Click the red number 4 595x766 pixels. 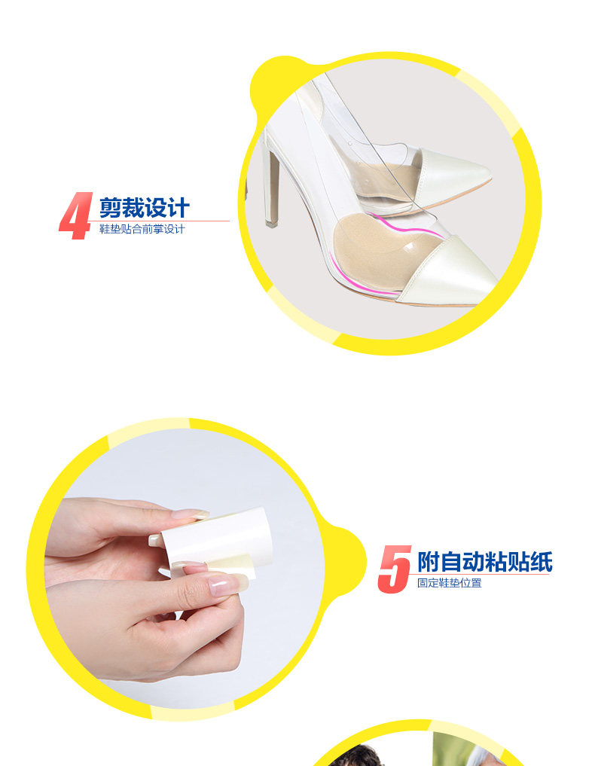click(76, 215)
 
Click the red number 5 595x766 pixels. click(394, 569)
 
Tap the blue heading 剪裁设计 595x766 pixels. click(144, 208)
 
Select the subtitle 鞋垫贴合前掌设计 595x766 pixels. click(142, 229)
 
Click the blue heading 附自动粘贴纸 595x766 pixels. click(484, 562)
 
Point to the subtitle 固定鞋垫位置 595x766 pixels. click(450, 583)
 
